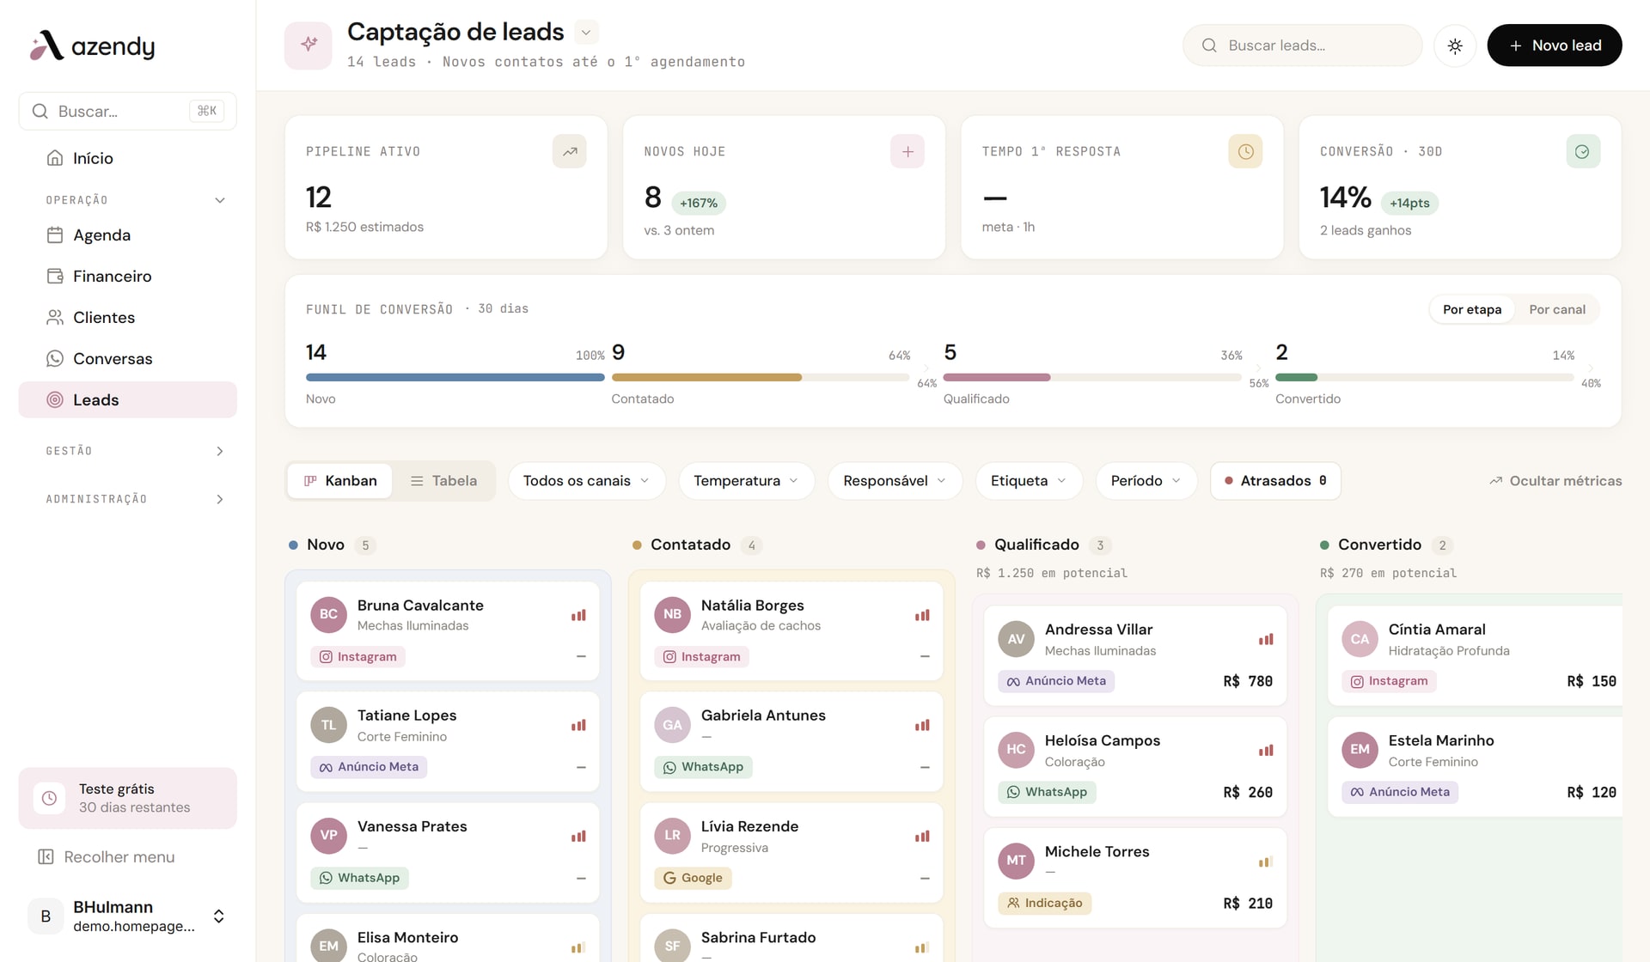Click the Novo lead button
tap(1554, 46)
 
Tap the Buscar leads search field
tap(1302, 46)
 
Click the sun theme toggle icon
tap(1455, 46)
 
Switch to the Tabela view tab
tap(443, 481)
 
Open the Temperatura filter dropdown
tap(745, 481)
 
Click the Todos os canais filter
tap(586, 481)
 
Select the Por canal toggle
tap(1557, 309)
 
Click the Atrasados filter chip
tap(1275, 481)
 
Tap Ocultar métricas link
tap(1555, 481)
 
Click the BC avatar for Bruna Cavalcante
tap(328, 615)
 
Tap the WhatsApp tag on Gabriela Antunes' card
tap(703, 767)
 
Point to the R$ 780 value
tap(1248, 681)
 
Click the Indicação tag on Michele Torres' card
tap(1044, 904)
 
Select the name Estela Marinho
tap(1441, 740)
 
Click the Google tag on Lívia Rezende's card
tap(693, 878)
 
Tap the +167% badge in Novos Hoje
tap(698, 204)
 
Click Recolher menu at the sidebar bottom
tap(107, 857)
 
